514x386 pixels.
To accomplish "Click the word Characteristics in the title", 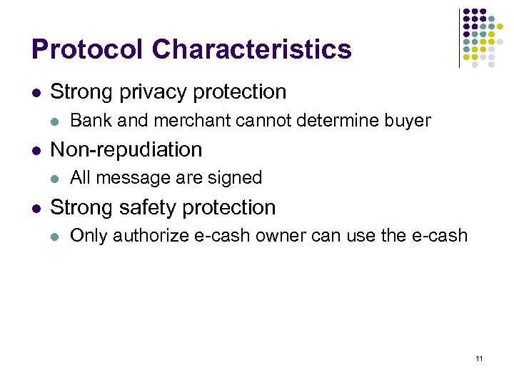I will click(251, 49).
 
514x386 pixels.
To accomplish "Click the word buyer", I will click(408, 120).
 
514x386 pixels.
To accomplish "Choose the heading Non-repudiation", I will click(126, 149).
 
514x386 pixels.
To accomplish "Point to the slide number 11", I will click(479, 357).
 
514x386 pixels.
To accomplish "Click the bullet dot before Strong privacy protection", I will click(36, 93).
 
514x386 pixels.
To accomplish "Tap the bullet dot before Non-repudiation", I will click(36, 150).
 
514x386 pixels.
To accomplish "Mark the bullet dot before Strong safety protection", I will click(36, 208).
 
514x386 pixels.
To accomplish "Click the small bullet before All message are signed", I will click(57, 178).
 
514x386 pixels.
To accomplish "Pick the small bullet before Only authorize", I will click(57, 236).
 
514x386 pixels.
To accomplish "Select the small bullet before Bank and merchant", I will click(57, 121).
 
